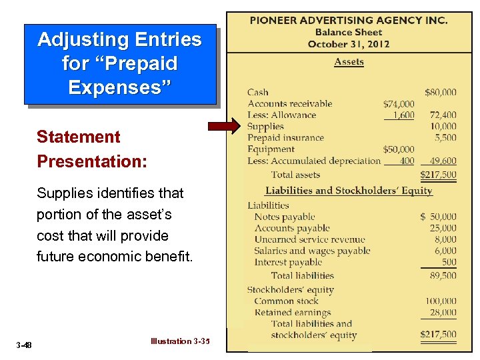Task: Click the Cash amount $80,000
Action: pyautogui.click(x=441, y=92)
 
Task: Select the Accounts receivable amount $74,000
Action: pyautogui.click(x=398, y=104)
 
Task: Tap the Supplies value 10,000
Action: pyautogui.click(x=443, y=127)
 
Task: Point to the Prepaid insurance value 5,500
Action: pyautogui.click(x=445, y=138)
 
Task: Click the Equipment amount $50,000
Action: pyautogui.click(x=398, y=149)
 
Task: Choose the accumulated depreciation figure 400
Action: pyautogui.click(x=406, y=161)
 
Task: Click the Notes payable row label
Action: pyautogui.click(x=284, y=217)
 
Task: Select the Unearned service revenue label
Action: pyautogui.click(x=309, y=239)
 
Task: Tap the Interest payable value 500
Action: pyautogui.click(x=449, y=263)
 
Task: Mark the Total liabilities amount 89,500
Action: pyautogui.click(x=443, y=275)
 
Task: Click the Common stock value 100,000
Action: pyautogui.click(x=441, y=301)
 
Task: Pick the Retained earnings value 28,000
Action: pyautogui.click(x=443, y=313)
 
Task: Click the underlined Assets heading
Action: pyautogui.click(x=349, y=62)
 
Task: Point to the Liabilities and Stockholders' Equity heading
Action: pyautogui.click(x=349, y=191)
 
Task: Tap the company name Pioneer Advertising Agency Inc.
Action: pyautogui.click(x=349, y=21)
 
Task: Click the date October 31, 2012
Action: pyautogui.click(x=349, y=44)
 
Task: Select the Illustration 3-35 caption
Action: pyautogui.click(x=180, y=341)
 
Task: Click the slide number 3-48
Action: pyautogui.click(x=25, y=345)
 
